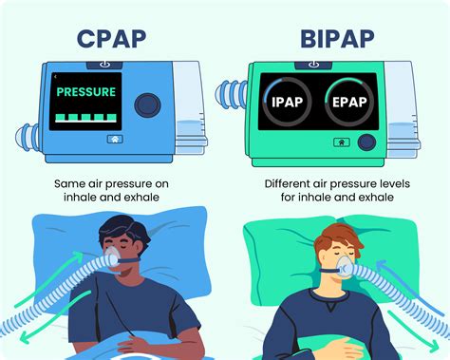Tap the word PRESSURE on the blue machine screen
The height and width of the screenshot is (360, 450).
(86, 93)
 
